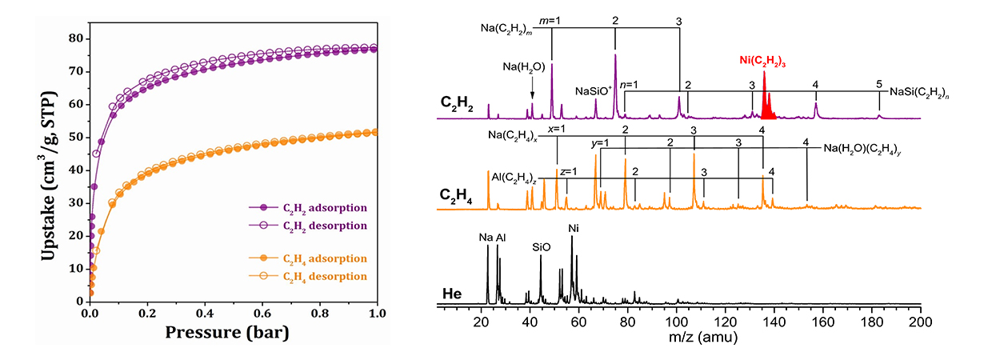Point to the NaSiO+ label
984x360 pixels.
pos(596,91)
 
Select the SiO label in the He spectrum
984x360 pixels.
pos(542,248)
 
